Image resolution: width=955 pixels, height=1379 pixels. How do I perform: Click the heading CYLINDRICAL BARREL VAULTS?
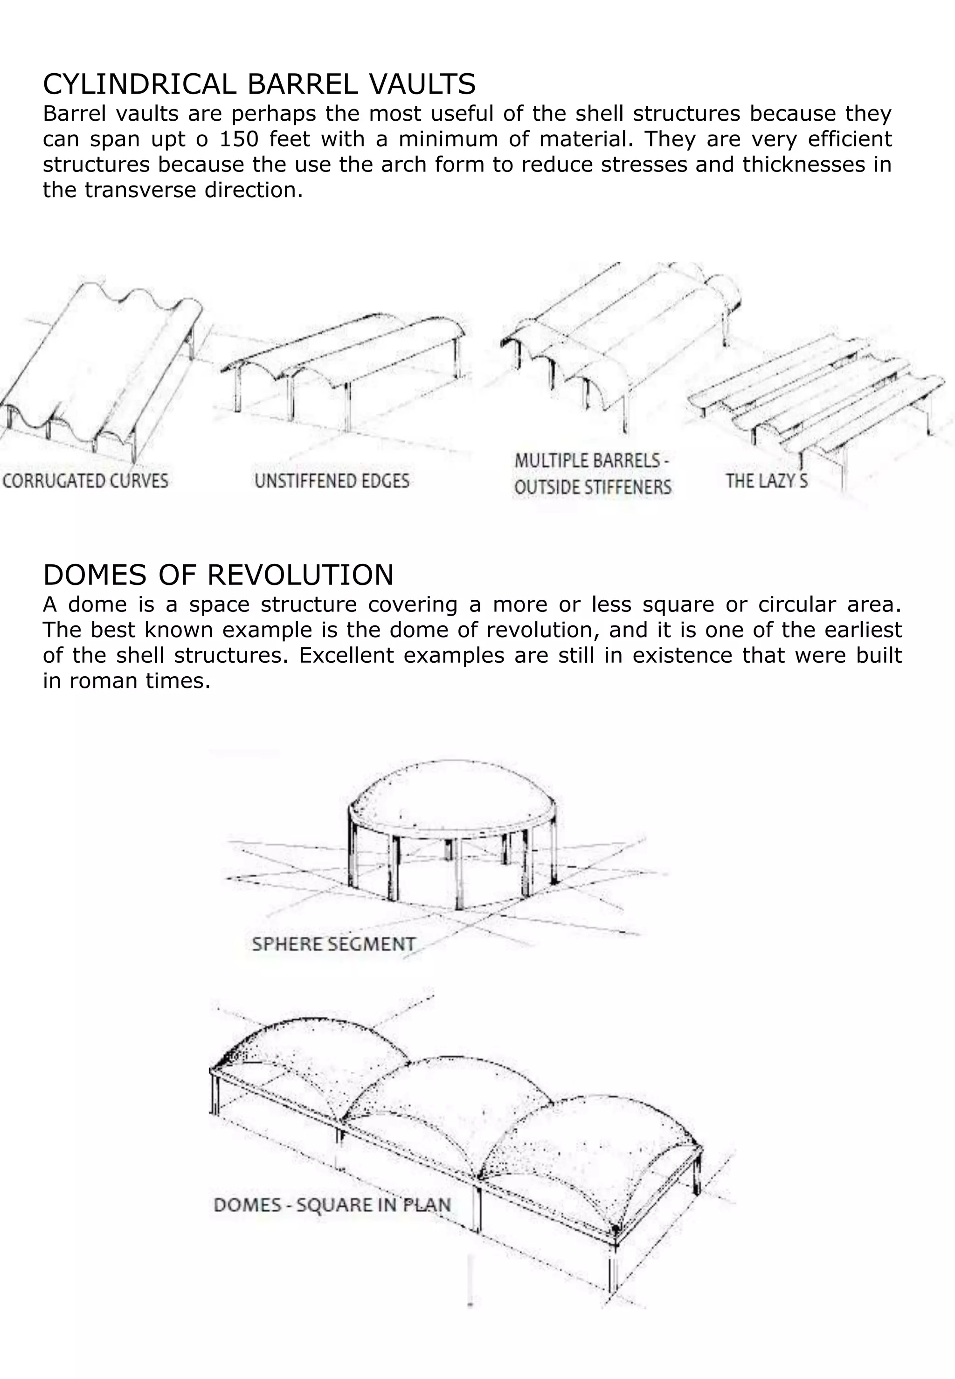(259, 84)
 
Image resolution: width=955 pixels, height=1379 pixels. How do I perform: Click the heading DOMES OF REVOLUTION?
(218, 575)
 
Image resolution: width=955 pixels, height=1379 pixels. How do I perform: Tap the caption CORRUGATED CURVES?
(85, 481)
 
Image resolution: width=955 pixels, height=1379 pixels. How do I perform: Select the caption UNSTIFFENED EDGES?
(332, 481)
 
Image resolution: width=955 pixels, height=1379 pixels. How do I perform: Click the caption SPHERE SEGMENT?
(333, 944)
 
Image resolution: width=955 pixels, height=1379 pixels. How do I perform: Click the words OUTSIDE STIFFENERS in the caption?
(592, 488)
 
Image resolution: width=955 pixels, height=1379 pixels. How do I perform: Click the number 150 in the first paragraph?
(238, 139)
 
